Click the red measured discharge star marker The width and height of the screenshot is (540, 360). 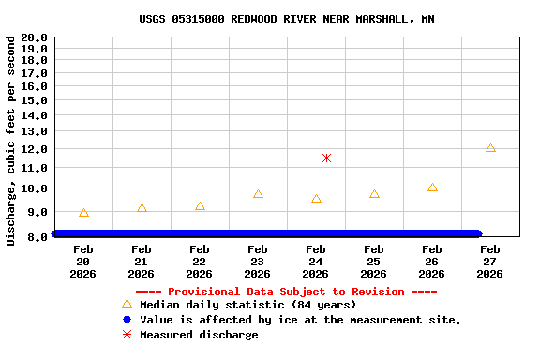(x=326, y=157)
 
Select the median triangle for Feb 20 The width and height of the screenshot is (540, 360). (x=83, y=213)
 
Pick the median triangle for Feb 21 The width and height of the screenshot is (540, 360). (x=142, y=208)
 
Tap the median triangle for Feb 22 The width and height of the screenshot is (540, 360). (x=200, y=206)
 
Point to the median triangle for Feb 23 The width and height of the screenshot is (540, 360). (x=258, y=194)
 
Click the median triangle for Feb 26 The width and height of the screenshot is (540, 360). (x=432, y=187)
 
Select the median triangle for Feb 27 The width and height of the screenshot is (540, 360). (x=490, y=148)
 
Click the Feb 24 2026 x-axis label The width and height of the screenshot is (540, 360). (x=316, y=262)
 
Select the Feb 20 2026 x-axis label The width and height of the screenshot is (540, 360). (x=83, y=262)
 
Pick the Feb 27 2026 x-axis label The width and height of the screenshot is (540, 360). (x=490, y=262)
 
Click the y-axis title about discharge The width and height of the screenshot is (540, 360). (x=10, y=141)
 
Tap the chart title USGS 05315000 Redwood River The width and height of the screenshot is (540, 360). (x=287, y=19)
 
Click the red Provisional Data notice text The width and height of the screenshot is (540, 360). (x=287, y=292)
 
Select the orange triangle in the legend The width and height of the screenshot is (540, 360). (x=127, y=304)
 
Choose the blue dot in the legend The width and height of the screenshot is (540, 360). (x=127, y=320)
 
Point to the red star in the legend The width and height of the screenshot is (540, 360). (x=127, y=335)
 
